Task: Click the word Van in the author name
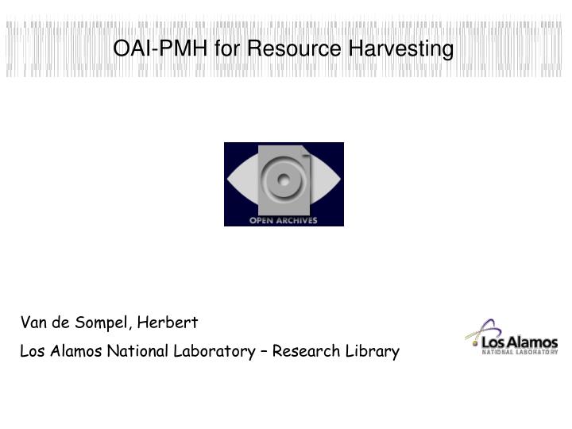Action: tap(33, 323)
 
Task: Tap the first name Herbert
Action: tap(168, 323)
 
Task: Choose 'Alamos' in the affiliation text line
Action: tap(75, 350)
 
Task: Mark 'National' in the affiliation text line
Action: tap(137, 350)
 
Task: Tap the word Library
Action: tap(373, 350)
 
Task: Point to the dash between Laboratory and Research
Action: tap(263, 351)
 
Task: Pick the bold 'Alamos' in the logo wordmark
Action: tap(531, 341)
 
